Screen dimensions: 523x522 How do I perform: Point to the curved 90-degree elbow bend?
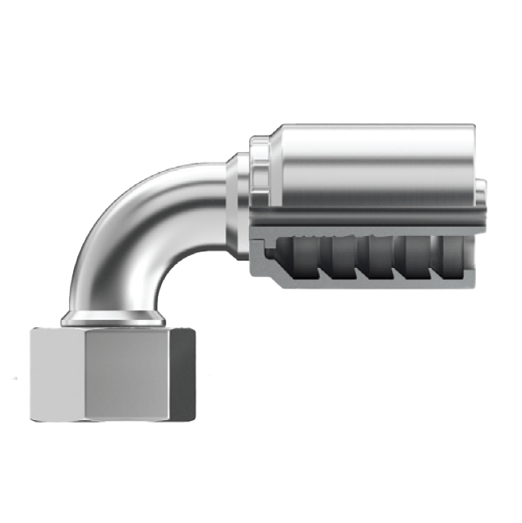(x=123, y=230)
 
